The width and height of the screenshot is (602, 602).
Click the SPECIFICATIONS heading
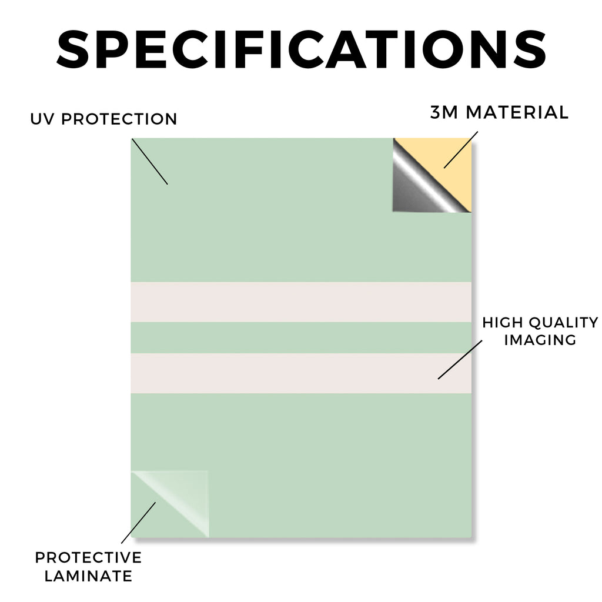tap(302, 49)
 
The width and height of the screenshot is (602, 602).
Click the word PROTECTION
tap(119, 119)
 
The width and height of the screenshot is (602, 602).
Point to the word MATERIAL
tap(517, 112)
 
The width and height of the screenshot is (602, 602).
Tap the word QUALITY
tap(564, 323)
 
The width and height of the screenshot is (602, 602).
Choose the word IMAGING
tap(540, 340)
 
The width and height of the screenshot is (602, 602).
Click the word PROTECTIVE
tap(88, 557)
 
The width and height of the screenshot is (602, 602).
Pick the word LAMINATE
tap(88, 576)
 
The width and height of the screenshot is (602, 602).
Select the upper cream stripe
tap(301, 302)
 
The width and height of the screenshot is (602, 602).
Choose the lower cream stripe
tap(301, 373)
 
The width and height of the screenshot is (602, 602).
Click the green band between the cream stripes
tap(301, 338)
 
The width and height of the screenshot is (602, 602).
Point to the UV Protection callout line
tap(150, 162)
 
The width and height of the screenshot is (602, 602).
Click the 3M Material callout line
tap(461, 150)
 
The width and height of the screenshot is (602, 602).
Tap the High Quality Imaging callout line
tap(460, 360)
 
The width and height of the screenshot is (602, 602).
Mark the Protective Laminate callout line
tap(139, 523)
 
